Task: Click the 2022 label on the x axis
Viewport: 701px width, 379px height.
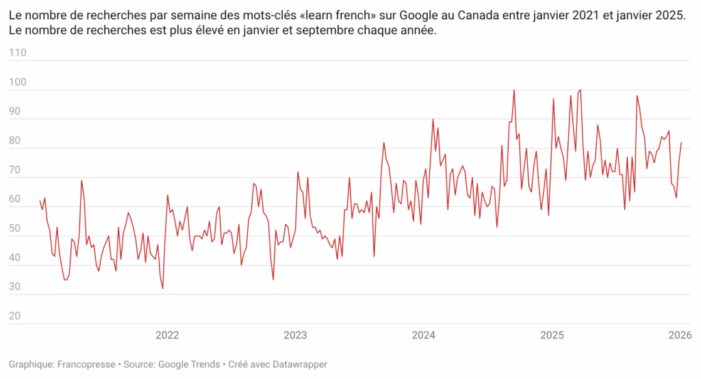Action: pyautogui.click(x=167, y=335)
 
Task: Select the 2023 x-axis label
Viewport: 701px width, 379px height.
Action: pyautogui.click(x=295, y=335)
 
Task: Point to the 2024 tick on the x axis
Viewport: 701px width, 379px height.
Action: pyautogui.click(x=424, y=335)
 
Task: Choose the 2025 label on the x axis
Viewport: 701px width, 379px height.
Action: pyautogui.click(x=552, y=335)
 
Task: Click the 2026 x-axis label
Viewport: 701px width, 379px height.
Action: pyautogui.click(x=679, y=335)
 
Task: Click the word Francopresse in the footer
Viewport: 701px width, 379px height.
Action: pyautogui.click(x=86, y=365)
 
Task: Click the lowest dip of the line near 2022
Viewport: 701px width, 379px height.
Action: pyautogui.click(x=162, y=289)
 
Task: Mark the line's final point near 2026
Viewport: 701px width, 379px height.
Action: pyautogui.click(x=681, y=143)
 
